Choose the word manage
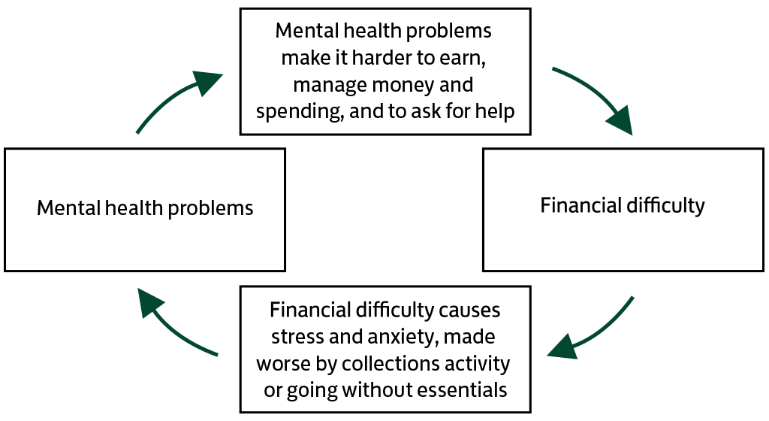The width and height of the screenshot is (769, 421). (x=322, y=85)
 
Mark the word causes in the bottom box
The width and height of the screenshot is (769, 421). (x=470, y=310)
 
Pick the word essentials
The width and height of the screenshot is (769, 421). (x=463, y=390)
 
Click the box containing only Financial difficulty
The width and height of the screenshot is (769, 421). (x=623, y=209)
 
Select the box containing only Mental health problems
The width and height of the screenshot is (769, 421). (x=145, y=209)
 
